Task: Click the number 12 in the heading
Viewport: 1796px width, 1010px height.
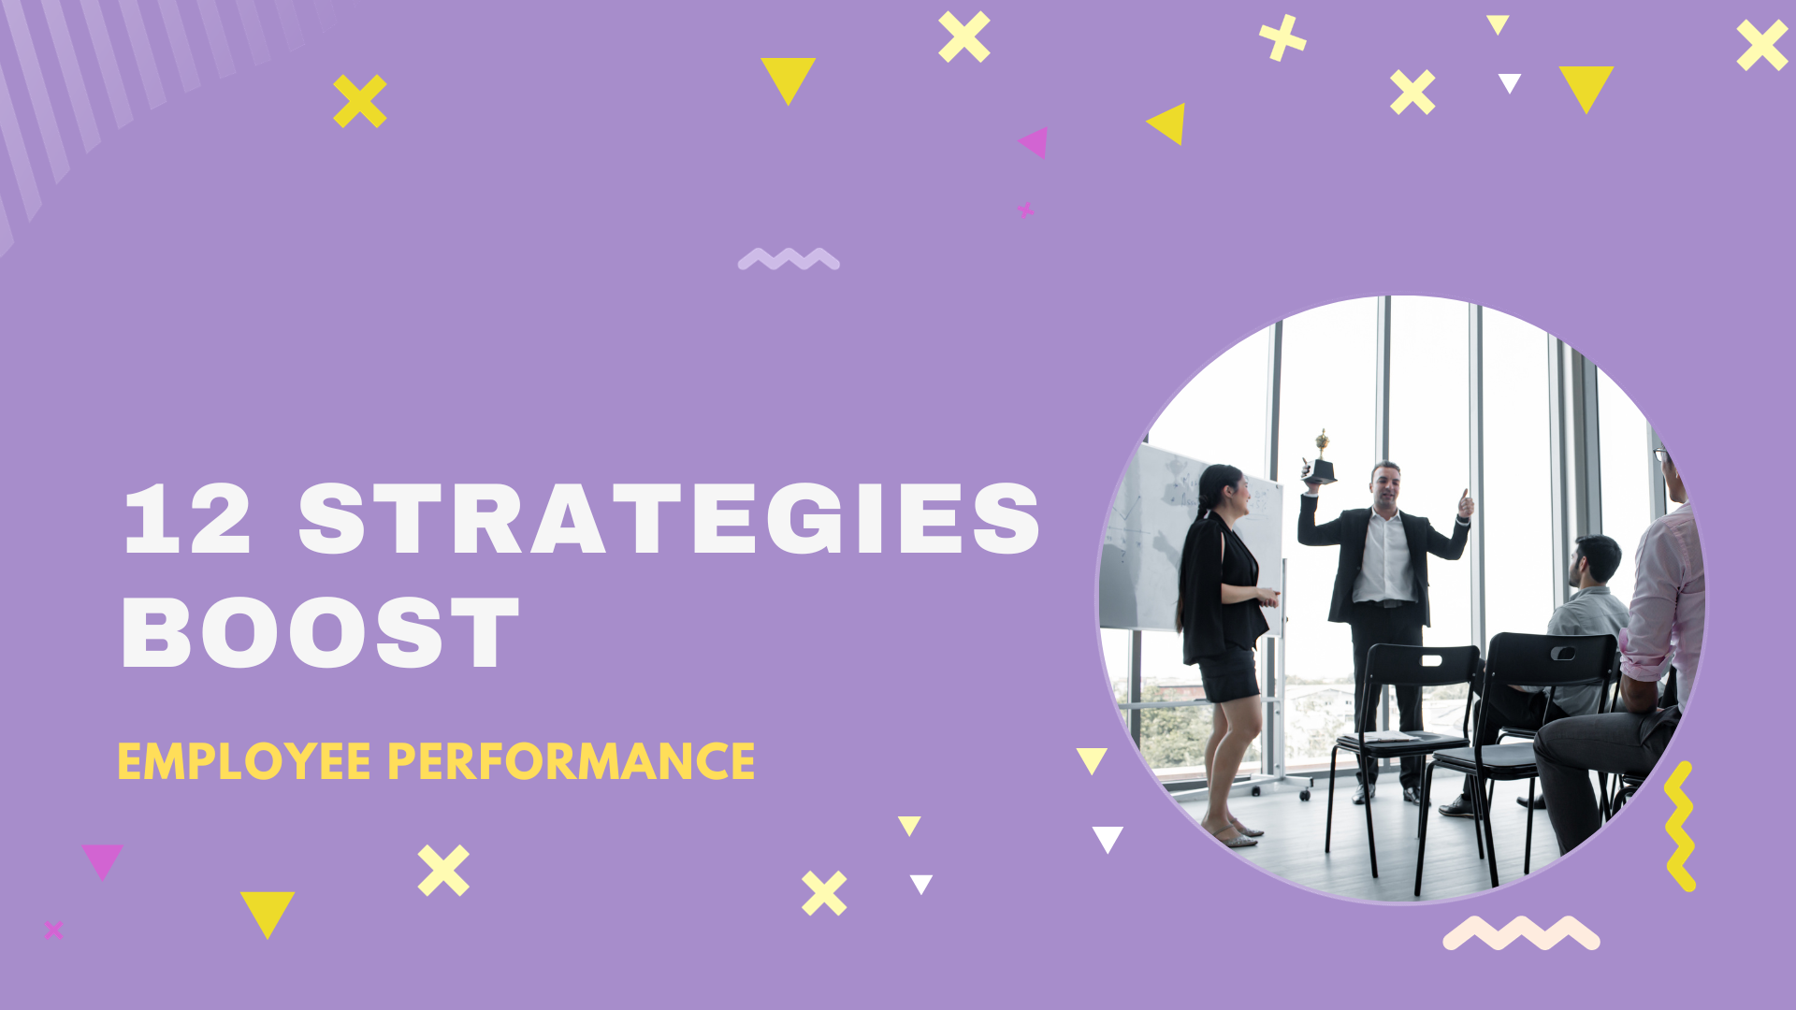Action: (187, 520)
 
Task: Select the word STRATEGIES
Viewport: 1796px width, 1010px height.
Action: (669, 520)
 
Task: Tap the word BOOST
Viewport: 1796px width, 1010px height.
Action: (320, 633)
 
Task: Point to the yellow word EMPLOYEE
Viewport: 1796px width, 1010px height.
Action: (244, 761)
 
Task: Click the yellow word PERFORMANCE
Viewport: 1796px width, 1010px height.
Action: (571, 761)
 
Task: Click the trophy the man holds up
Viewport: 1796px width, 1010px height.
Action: (1320, 460)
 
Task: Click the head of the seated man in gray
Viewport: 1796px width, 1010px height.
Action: (1597, 559)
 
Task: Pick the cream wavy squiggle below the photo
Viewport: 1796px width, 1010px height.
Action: (1521, 933)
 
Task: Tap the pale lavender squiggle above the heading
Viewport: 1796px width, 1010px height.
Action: (789, 259)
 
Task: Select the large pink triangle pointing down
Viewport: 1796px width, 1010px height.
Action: (102, 859)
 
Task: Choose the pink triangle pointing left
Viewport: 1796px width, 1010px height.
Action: (1035, 142)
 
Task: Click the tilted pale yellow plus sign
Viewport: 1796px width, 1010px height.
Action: (1282, 37)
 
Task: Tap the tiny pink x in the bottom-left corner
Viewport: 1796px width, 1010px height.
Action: (53, 930)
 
